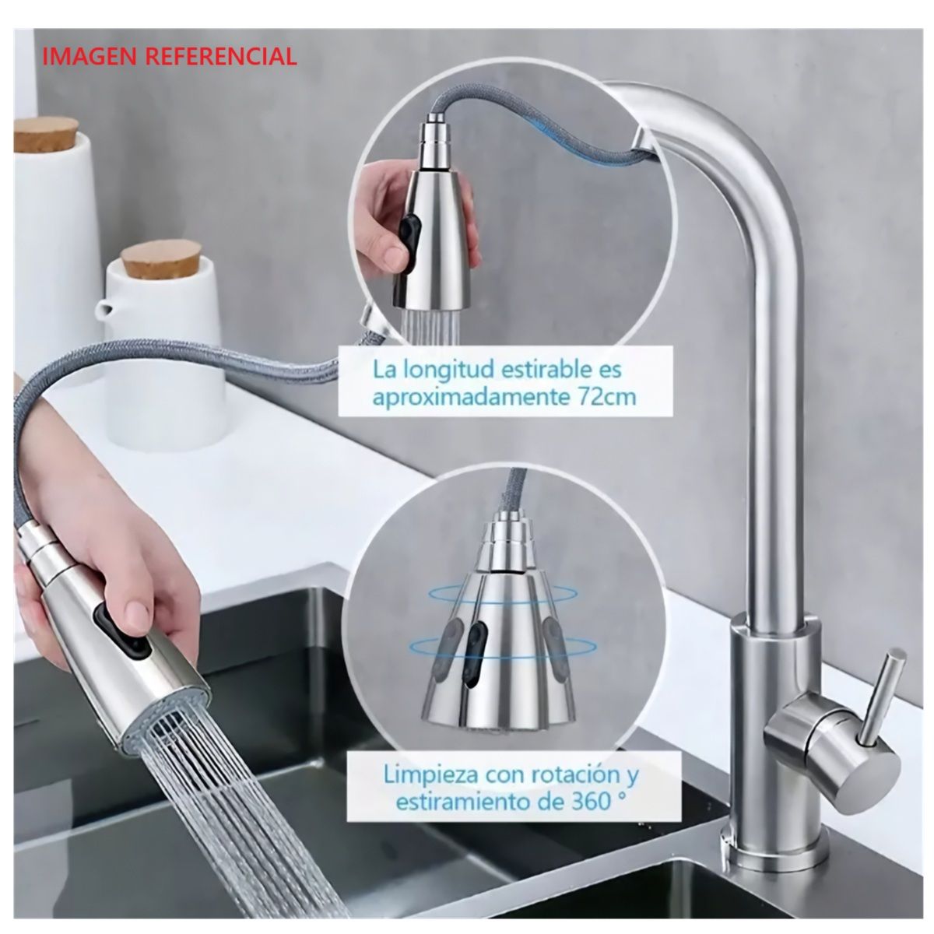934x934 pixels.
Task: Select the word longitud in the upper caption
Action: [x=448, y=368]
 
